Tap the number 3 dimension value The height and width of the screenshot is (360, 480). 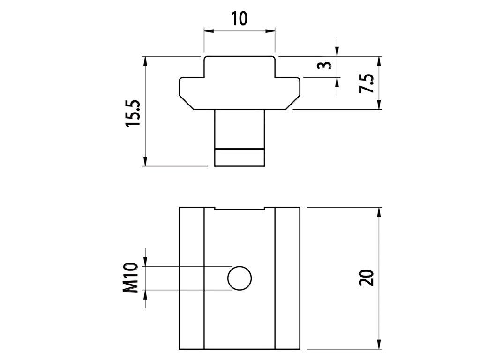pos(322,66)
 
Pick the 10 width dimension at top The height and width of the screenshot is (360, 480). pos(239,19)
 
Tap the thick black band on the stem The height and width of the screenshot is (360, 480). pos(239,149)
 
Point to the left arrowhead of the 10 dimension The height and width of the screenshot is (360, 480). pos(207,31)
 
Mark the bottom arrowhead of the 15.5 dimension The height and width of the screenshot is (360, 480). pos(146,162)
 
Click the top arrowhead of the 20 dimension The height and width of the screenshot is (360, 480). pos(379,211)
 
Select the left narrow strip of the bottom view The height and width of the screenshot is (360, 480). pos(192,278)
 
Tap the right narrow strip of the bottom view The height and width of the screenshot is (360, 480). pos(287,278)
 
